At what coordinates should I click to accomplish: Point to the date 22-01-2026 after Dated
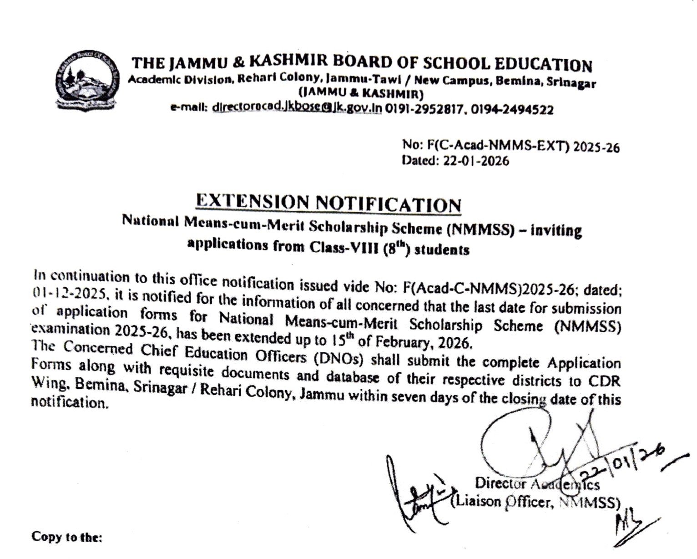point(475,161)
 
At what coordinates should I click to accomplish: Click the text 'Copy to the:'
point(67,537)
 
